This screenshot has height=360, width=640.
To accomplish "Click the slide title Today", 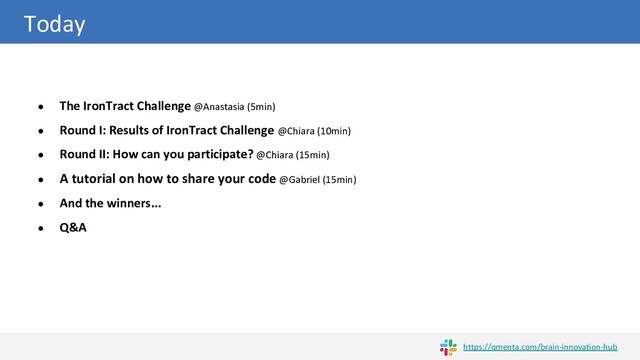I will (x=54, y=24).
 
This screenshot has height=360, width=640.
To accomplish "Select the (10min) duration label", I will (x=333, y=131).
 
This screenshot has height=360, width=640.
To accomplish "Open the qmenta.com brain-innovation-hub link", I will (x=540, y=347).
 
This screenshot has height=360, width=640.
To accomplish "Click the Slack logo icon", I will (x=448, y=347).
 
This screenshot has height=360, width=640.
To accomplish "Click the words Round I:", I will (x=83, y=131).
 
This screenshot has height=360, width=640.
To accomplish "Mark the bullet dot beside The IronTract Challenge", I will (x=40, y=107).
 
